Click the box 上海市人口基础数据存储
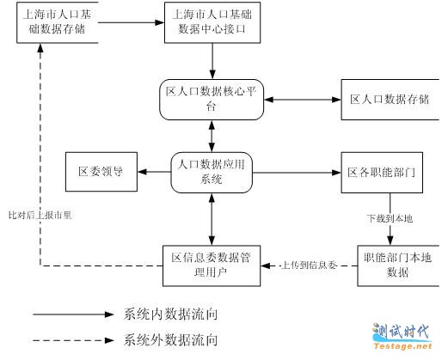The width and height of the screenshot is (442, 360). click(x=58, y=22)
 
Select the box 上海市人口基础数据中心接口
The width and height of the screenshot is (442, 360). click(x=212, y=22)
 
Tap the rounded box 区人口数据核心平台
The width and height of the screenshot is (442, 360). click(x=212, y=100)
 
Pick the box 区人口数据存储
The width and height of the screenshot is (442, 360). click(x=390, y=100)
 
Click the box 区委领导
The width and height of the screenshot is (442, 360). click(x=101, y=172)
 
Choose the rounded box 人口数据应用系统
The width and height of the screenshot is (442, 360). click(x=212, y=173)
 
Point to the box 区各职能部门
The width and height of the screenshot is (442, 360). click(x=382, y=173)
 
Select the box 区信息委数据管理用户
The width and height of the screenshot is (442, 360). click(x=212, y=265)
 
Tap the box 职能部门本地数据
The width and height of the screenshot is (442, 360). click(x=398, y=265)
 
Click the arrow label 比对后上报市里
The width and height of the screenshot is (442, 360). click(x=40, y=215)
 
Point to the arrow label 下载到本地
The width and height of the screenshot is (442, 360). click(x=390, y=219)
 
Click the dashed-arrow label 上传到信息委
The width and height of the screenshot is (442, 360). click(x=309, y=265)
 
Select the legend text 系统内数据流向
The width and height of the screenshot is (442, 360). click(x=170, y=314)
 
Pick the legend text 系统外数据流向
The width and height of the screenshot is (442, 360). click(x=170, y=340)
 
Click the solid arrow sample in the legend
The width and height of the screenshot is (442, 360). click(x=73, y=314)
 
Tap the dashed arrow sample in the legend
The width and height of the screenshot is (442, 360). click(x=73, y=340)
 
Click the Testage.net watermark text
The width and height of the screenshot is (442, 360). click(x=402, y=346)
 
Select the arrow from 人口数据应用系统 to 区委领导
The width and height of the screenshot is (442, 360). click(x=154, y=172)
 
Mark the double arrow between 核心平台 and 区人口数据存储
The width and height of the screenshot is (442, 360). click(x=303, y=100)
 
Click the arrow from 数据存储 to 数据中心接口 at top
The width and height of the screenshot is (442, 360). click(x=132, y=22)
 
